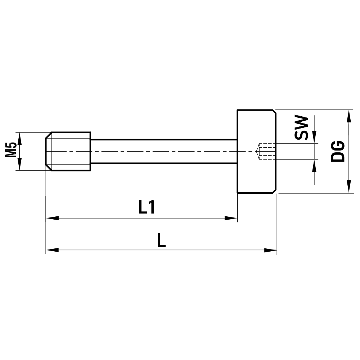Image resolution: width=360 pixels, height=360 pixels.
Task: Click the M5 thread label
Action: (x=11, y=151)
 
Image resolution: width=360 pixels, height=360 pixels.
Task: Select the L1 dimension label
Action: (x=147, y=208)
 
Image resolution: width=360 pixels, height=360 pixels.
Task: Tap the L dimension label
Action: (x=161, y=240)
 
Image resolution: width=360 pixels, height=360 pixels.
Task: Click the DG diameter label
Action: (x=338, y=151)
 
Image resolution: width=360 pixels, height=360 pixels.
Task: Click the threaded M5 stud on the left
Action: (x=68, y=151)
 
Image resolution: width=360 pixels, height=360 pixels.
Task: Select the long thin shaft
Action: (x=164, y=151)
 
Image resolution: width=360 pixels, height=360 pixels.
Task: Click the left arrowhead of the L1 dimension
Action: (x=52, y=218)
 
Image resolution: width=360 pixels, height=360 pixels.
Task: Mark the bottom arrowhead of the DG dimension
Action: (x=348, y=187)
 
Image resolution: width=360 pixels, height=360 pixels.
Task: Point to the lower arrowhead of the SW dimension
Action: (x=314, y=165)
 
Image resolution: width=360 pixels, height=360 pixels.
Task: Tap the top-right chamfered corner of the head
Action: (x=275, y=112)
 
